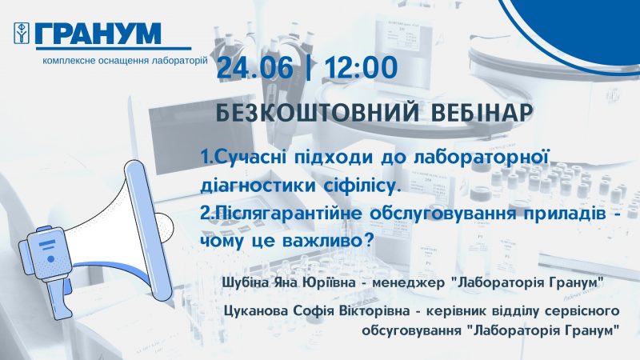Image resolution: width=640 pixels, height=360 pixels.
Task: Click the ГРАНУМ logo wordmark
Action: [98, 33]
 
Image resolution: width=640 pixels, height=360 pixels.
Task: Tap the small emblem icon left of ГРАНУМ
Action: [22, 33]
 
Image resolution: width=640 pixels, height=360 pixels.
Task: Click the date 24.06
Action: [255, 67]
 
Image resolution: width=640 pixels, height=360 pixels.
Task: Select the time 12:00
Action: [361, 67]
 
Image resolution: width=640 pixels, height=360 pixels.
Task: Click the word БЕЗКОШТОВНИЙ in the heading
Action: [318, 113]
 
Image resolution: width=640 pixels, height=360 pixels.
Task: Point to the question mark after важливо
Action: [369, 240]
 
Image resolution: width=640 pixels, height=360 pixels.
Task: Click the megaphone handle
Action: [57, 297]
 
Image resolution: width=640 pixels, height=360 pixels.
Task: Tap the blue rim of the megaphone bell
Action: [149, 230]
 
